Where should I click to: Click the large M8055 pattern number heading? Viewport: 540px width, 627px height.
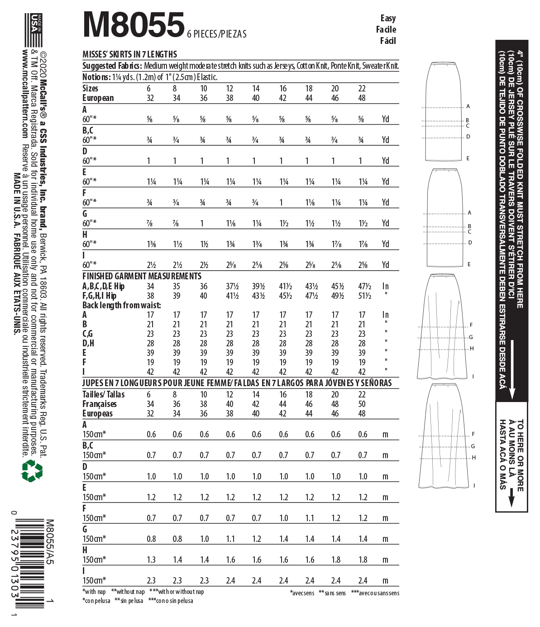click(x=134, y=25)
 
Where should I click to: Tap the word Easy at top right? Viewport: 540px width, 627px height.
click(x=388, y=18)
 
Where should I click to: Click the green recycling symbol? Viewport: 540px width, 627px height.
click(x=32, y=470)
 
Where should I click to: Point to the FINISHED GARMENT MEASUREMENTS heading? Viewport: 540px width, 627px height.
click(x=142, y=276)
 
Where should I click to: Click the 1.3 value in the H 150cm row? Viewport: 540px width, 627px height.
click(x=151, y=560)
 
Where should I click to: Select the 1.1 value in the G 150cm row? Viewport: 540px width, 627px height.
click(x=230, y=539)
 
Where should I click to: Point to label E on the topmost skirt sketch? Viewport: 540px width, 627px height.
click(x=468, y=158)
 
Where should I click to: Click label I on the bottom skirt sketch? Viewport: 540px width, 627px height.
click(x=474, y=485)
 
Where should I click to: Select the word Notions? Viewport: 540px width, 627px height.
click(x=96, y=77)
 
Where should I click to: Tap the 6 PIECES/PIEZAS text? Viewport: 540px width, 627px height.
click(x=217, y=34)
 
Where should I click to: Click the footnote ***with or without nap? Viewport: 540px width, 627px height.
click(x=177, y=592)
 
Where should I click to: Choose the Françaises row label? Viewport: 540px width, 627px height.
click(x=99, y=404)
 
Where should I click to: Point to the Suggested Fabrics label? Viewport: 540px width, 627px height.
click(x=112, y=66)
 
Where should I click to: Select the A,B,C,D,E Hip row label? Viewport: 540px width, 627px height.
click(x=103, y=286)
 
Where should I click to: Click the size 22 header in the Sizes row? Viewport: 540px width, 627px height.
click(x=362, y=88)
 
